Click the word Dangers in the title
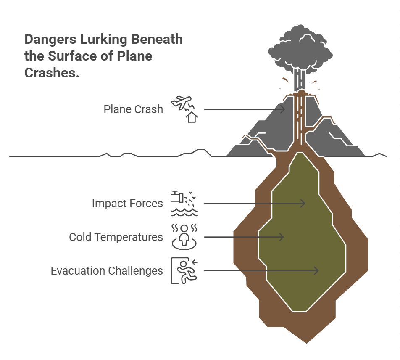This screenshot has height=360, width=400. pyautogui.click(x=50, y=40)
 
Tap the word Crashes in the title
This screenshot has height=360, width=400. pyautogui.click(x=52, y=73)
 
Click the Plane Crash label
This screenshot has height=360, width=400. pyautogui.click(x=133, y=109)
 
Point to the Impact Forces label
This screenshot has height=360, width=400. pyautogui.click(x=127, y=204)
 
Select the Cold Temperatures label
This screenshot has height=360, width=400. pyautogui.click(x=116, y=237)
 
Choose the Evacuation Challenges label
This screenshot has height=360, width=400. pyautogui.click(x=107, y=271)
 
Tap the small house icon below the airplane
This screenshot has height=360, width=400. pyautogui.click(x=192, y=117)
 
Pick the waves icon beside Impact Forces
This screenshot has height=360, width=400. pyautogui.click(x=184, y=212)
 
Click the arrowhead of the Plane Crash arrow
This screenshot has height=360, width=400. pyautogui.click(x=283, y=109)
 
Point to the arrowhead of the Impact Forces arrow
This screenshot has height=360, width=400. pyautogui.click(x=303, y=203)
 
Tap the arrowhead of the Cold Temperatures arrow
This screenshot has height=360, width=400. pyautogui.click(x=282, y=237)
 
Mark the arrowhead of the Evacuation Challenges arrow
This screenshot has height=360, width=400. pyautogui.click(x=316, y=271)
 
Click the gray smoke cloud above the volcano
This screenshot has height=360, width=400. pyautogui.click(x=300, y=50)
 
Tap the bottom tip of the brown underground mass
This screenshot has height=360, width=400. pyautogui.click(x=307, y=343)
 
